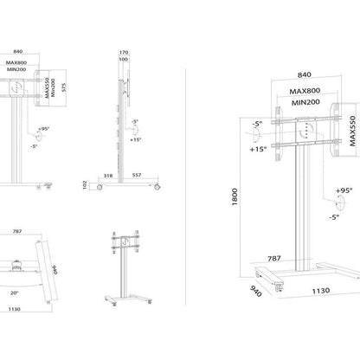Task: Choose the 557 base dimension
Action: pos(137,176)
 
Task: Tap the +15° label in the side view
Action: pos(135,138)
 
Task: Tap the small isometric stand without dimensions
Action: pos(130,264)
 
